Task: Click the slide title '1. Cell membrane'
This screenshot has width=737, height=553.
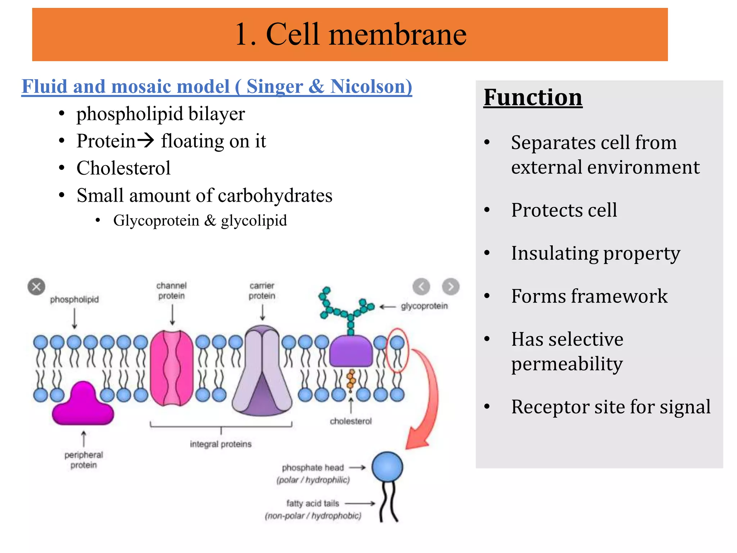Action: (x=351, y=34)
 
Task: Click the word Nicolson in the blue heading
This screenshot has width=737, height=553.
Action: (x=371, y=87)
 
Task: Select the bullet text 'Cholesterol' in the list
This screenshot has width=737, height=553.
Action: (x=123, y=168)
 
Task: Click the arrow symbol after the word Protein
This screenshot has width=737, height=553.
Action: (x=146, y=140)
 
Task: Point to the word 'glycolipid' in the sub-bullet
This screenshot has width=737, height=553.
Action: (x=254, y=220)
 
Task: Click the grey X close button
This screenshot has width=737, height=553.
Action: (x=36, y=287)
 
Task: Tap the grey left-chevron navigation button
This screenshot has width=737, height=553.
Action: (x=421, y=287)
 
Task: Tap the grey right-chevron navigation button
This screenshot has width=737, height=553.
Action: (x=451, y=287)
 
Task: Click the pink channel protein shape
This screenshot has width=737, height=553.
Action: (x=172, y=368)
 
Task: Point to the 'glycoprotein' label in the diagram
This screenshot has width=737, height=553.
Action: (x=424, y=306)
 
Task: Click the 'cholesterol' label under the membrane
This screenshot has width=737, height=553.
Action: (x=351, y=421)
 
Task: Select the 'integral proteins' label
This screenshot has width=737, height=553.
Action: (x=221, y=444)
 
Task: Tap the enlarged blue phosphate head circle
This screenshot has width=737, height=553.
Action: (x=387, y=467)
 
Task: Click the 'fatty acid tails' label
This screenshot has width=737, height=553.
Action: (x=312, y=503)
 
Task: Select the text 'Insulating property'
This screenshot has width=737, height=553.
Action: (x=596, y=253)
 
